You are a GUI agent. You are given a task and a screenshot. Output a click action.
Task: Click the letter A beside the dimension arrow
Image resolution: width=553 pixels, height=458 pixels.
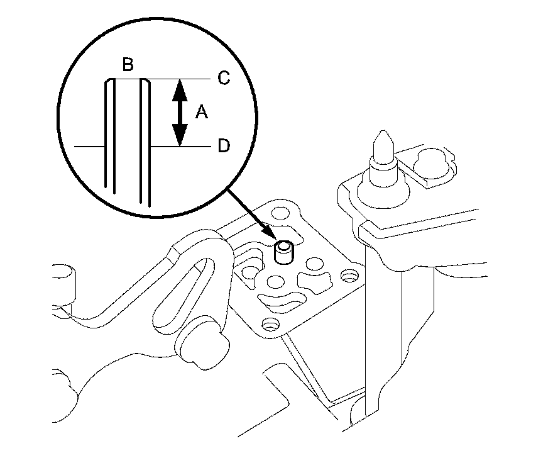tap(201, 112)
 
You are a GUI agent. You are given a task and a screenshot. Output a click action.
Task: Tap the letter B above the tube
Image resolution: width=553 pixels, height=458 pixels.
tap(128, 65)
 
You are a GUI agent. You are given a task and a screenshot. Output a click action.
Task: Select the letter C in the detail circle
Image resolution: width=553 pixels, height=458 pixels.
tap(223, 78)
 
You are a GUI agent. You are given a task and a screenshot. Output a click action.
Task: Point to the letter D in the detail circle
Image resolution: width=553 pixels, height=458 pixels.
tap(223, 146)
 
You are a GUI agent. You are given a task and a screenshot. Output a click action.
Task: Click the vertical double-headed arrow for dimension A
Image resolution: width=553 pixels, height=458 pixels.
tap(180, 112)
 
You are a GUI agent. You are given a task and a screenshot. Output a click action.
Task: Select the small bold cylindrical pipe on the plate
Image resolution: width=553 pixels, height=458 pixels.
tap(286, 253)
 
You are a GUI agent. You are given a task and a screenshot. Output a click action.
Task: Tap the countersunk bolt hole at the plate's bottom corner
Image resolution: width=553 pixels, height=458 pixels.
tap(271, 325)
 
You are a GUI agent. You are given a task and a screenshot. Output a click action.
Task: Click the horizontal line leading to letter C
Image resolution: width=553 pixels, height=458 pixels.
tap(182, 79)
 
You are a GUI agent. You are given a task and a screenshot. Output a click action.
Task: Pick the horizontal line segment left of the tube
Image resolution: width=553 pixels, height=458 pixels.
tap(89, 147)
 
